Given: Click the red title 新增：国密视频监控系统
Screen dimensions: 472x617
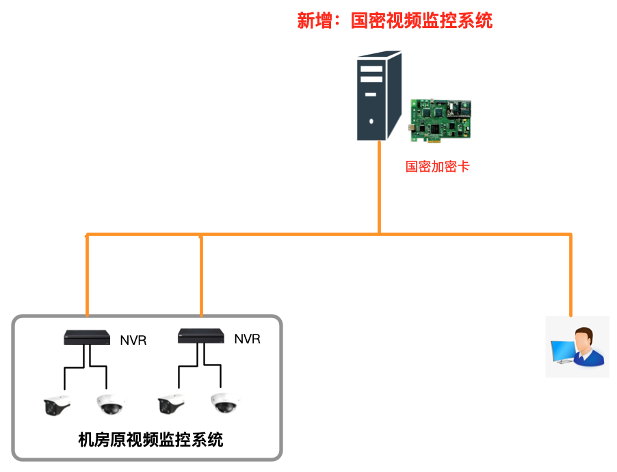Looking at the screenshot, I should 395,21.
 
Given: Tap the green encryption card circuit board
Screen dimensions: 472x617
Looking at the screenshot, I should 441,120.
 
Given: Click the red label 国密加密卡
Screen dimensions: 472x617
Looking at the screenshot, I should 437,166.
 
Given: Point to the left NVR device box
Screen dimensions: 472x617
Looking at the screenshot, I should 87,337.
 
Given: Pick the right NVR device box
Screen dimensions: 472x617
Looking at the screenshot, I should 201,336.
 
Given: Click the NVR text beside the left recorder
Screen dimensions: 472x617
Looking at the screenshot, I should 133,340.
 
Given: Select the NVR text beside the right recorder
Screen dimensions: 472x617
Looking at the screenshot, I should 247,339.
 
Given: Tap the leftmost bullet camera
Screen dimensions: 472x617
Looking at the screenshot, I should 57,406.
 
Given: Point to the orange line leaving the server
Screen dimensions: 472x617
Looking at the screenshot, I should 379,185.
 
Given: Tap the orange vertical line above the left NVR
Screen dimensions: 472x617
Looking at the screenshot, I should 88,274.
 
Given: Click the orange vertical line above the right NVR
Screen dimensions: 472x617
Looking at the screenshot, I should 201,274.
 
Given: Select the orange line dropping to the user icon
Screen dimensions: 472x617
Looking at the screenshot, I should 570,274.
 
